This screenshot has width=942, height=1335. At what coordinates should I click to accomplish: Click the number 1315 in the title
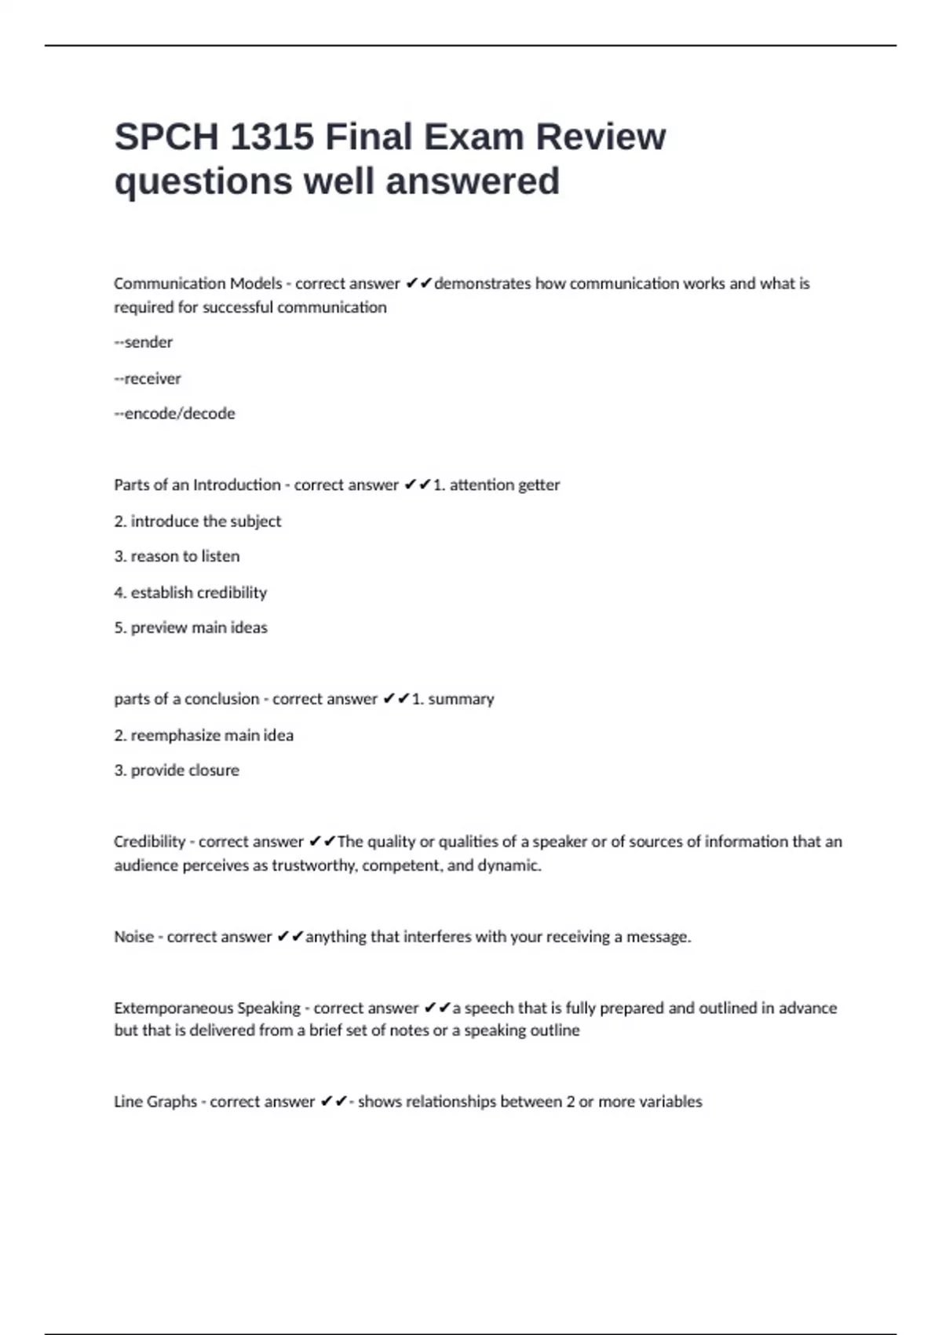pyautogui.click(x=272, y=137)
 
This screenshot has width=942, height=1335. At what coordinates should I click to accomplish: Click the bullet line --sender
pyautogui.click(x=144, y=342)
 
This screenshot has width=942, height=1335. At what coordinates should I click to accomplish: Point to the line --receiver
pyautogui.click(x=148, y=379)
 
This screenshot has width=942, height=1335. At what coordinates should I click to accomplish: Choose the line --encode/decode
pyautogui.click(x=174, y=414)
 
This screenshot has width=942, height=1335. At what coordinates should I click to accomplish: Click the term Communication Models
pyautogui.click(x=198, y=283)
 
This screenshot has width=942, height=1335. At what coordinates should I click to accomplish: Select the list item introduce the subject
pyautogui.click(x=198, y=521)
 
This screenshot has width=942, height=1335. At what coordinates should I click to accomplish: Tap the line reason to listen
pyautogui.click(x=177, y=557)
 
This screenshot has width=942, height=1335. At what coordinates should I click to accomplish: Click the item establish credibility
pyautogui.click(x=191, y=593)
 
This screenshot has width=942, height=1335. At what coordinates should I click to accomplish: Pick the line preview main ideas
pyautogui.click(x=191, y=628)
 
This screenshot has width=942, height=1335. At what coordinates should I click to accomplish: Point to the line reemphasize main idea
pyautogui.click(x=204, y=736)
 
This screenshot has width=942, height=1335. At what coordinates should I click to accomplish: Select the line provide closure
pyautogui.click(x=177, y=771)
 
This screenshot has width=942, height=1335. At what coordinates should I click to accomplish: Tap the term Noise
pyautogui.click(x=133, y=937)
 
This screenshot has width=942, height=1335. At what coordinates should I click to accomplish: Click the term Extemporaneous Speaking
pyautogui.click(x=207, y=1008)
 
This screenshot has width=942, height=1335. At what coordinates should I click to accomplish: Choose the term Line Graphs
pyautogui.click(x=155, y=1102)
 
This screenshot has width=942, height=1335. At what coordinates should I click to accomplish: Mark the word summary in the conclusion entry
pyautogui.click(x=461, y=700)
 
